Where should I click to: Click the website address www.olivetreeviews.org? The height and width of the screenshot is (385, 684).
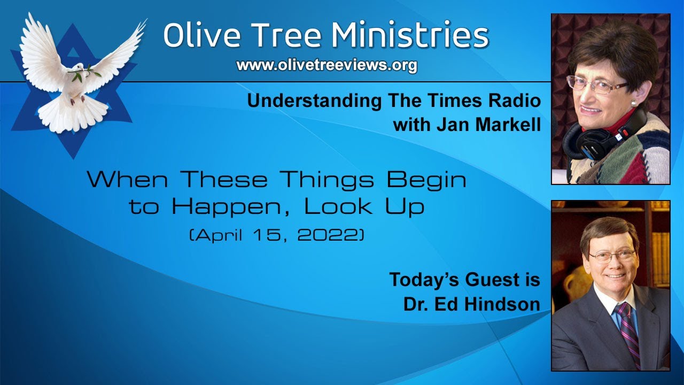pyautogui.click(x=327, y=65)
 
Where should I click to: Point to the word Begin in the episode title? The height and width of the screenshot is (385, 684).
pyautogui.click(x=426, y=180)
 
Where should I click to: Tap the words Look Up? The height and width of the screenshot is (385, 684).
pyautogui.click(x=364, y=207)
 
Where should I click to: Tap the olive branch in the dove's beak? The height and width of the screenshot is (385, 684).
pyautogui.click(x=85, y=74)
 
